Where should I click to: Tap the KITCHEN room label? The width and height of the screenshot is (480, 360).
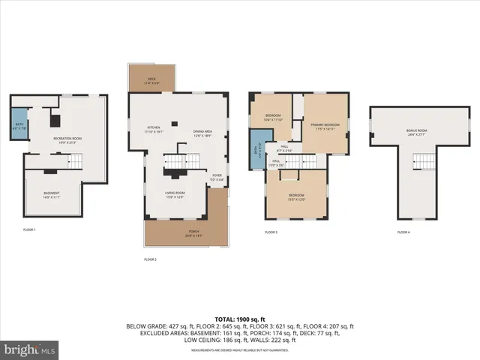pyautogui.click(x=153, y=129)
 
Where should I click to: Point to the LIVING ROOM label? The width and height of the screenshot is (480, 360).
pyautogui.click(x=175, y=194)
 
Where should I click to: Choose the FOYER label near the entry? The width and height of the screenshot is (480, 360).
pyautogui.click(x=217, y=177)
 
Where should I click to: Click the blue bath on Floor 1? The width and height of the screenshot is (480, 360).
pyautogui.click(x=17, y=124)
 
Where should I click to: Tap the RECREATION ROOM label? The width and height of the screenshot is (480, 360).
pyautogui.click(x=67, y=140)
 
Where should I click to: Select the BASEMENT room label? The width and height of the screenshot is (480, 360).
pyautogui.click(x=51, y=195)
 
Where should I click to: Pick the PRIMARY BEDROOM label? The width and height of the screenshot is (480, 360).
pyautogui.click(x=325, y=126)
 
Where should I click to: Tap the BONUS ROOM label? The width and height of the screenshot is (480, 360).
pyautogui.click(x=416, y=133)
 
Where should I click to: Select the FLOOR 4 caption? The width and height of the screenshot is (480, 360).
pyautogui.click(x=403, y=232)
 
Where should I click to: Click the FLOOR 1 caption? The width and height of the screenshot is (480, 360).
pyautogui.click(x=28, y=228)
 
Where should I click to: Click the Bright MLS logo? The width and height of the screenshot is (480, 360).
pyautogui.click(x=30, y=349)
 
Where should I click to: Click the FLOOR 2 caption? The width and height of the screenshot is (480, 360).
pyautogui.click(x=150, y=259)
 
